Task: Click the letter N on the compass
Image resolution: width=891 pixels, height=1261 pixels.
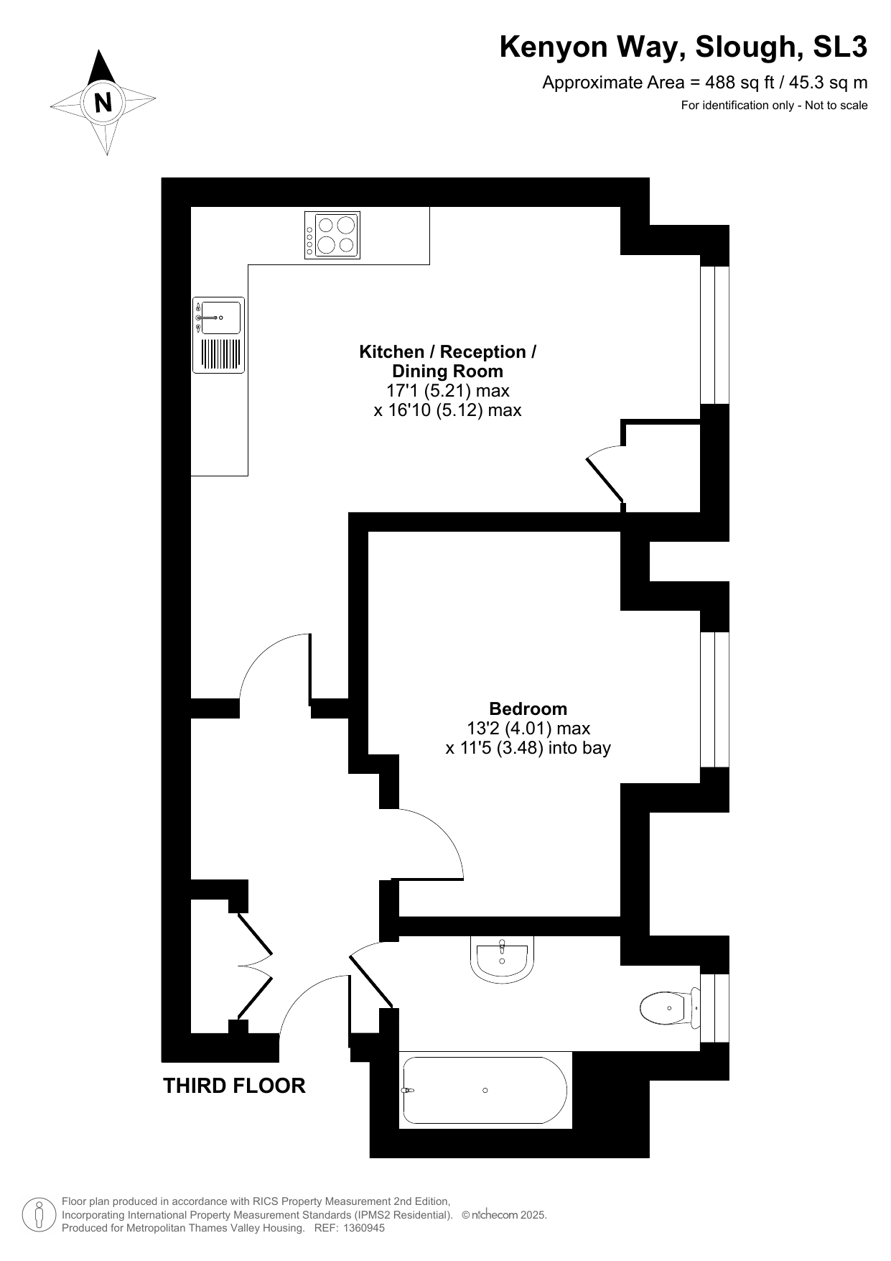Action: coord(103,103)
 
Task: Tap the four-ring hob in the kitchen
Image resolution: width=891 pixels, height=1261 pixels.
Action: coord(332,235)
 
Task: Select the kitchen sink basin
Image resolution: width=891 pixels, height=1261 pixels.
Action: coord(220,317)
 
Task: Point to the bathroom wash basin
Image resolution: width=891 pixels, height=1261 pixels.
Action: coord(503,958)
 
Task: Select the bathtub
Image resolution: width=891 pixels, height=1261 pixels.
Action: coord(485,1090)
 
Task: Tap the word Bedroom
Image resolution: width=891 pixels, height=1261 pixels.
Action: coord(528,709)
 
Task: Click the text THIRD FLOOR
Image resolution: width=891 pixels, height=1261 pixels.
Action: coord(234,1086)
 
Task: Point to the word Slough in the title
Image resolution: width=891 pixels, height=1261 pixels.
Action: coord(750,47)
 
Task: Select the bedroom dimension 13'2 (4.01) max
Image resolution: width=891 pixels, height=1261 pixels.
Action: coord(528,729)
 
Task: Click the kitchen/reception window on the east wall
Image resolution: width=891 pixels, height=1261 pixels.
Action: coord(714,335)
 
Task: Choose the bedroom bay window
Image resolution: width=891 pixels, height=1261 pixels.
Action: coord(714,700)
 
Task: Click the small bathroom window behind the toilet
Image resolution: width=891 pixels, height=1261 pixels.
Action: coord(714,1008)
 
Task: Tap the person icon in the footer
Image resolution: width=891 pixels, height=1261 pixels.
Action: coord(39,1214)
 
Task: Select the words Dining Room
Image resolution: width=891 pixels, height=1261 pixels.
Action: coord(447,371)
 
